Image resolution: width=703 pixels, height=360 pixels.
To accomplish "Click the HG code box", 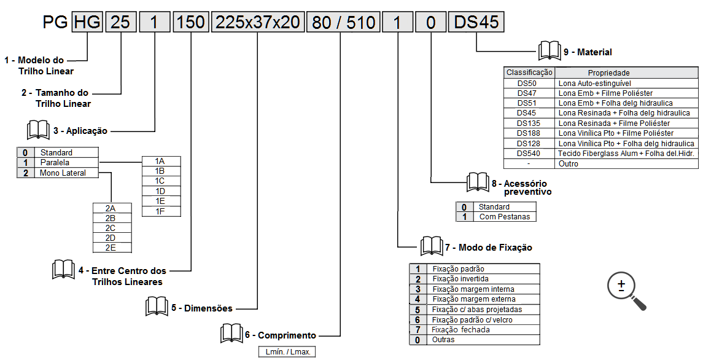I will click(87, 23).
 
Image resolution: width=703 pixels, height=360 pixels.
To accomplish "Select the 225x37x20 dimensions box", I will click(257, 23).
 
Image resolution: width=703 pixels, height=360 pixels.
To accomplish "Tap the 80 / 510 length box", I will click(343, 23).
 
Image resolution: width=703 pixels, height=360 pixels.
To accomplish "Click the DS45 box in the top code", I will click(476, 23).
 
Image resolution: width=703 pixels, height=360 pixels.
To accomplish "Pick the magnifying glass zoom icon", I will click(626, 290).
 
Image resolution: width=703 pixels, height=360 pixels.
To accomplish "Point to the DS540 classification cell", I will click(529, 154).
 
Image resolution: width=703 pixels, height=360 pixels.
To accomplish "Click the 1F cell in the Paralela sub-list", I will click(160, 211).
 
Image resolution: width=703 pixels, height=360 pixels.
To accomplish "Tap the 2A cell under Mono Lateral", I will click(111, 208).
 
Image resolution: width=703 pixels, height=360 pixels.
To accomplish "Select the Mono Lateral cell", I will click(63, 173).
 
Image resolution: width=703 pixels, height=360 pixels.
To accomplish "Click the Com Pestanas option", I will click(503, 217).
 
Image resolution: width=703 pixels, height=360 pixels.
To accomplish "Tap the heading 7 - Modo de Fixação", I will click(488, 248).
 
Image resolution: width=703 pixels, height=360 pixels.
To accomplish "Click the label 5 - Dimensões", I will click(202, 308).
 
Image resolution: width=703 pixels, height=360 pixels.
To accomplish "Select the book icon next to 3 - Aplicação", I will click(38, 130).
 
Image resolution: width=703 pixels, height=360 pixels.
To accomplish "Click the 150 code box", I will click(191, 23).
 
